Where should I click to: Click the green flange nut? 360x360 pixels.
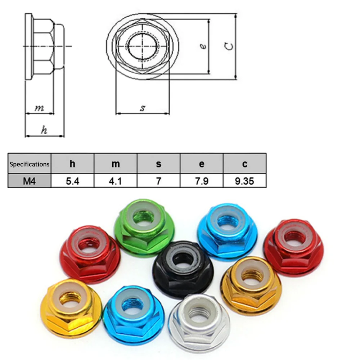coord(144,228)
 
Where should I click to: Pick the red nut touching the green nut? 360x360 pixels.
coord(90,255)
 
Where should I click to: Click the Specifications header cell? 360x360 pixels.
coord(30,164)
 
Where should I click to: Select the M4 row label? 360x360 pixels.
coord(30,181)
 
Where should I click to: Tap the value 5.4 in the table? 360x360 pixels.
coord(73,181)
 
